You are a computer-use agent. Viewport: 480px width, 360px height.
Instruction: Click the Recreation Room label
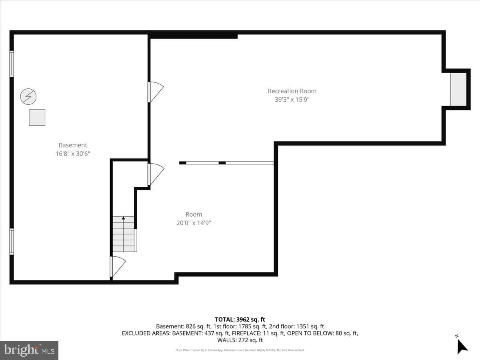click(x=292, y=91)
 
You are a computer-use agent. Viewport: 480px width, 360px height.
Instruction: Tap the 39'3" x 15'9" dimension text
click(x=292, y=100)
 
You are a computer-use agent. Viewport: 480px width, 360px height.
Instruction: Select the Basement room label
click(x=73, y=145)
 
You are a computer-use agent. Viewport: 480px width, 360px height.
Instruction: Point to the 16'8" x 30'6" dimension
click(x=73, y=154)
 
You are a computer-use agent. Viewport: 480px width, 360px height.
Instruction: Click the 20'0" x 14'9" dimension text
click(x=194, y=223)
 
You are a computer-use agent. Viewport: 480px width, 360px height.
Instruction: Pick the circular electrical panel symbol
click(x=28, y=96)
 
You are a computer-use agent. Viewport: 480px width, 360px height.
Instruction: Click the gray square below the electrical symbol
click(x=37, y=118)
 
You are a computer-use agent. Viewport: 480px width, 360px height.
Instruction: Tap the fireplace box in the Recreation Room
click(x=458, y=89)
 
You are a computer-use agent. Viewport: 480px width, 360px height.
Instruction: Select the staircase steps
click(x=124, y=234)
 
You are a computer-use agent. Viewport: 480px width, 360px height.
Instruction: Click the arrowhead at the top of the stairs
click(x=124, y=218)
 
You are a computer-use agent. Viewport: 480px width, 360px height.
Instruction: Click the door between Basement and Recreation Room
click(x=156, y=92)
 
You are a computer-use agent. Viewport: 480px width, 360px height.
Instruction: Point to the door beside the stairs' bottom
click(x=118, y=267)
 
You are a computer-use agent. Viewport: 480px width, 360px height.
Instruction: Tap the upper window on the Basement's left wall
click(x=12, y=64)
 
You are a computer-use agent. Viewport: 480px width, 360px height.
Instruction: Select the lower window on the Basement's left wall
click(x=12, y=242)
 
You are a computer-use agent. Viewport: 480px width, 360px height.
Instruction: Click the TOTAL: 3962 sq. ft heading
click(x=240, y=320)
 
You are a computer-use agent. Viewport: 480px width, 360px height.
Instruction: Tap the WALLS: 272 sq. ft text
click(x=240, y=340)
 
